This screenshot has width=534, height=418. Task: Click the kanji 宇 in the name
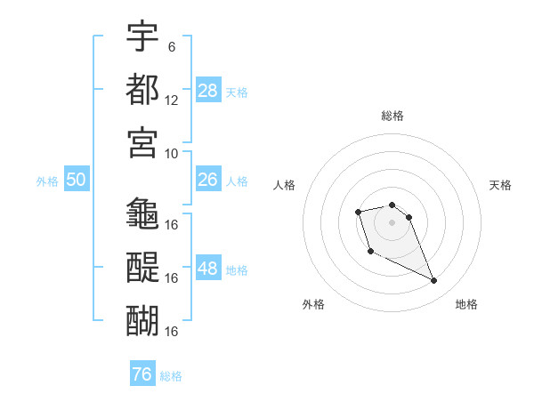pyautogui.click(x=142, y=36)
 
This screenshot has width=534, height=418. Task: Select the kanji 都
pyautogui.click(x=142, y=89)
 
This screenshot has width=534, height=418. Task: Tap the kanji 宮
pyautogui.click(x=142, y=142)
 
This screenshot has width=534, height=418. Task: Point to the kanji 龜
pyautogui.click(x=142, y=213)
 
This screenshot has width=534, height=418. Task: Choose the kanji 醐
pyautogui.click(x=142, y=320)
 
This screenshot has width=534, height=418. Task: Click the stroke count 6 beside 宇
pyautogui.click(x=172, y=46)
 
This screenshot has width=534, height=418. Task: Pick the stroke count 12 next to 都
pyautogui.click(x=171, y=100)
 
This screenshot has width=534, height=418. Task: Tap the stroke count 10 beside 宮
pyautogui.click(x=171, y=154)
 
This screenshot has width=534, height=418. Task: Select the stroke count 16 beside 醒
pyautogui.click(x=171, y=278)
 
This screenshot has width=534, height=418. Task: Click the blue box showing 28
pyautogui.click(x=208, y=90)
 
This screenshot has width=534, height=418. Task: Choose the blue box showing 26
pyautogui.click(x=208, y=179)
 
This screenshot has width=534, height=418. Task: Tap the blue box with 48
pyautogui.click(x=208, y=267)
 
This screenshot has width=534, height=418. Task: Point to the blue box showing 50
pyautogui.click(x=77, y=179)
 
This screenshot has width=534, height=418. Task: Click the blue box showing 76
pyautogui.click(x=142, y=373)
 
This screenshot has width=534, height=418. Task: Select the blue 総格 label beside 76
pyautogui.click(x=171, y=376)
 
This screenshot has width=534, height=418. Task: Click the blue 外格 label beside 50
pyautogui.click(x=47, y=181)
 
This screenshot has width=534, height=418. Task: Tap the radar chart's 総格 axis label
pyautogui.click(x=392, y=116)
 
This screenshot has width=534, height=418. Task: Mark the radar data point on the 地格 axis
pyautogui.click(x=434, y=280)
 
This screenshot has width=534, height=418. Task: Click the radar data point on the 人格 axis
pyautogui.click(x=358, y=212)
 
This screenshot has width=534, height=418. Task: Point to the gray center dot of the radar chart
pyautogui.click(x=392, y=222)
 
